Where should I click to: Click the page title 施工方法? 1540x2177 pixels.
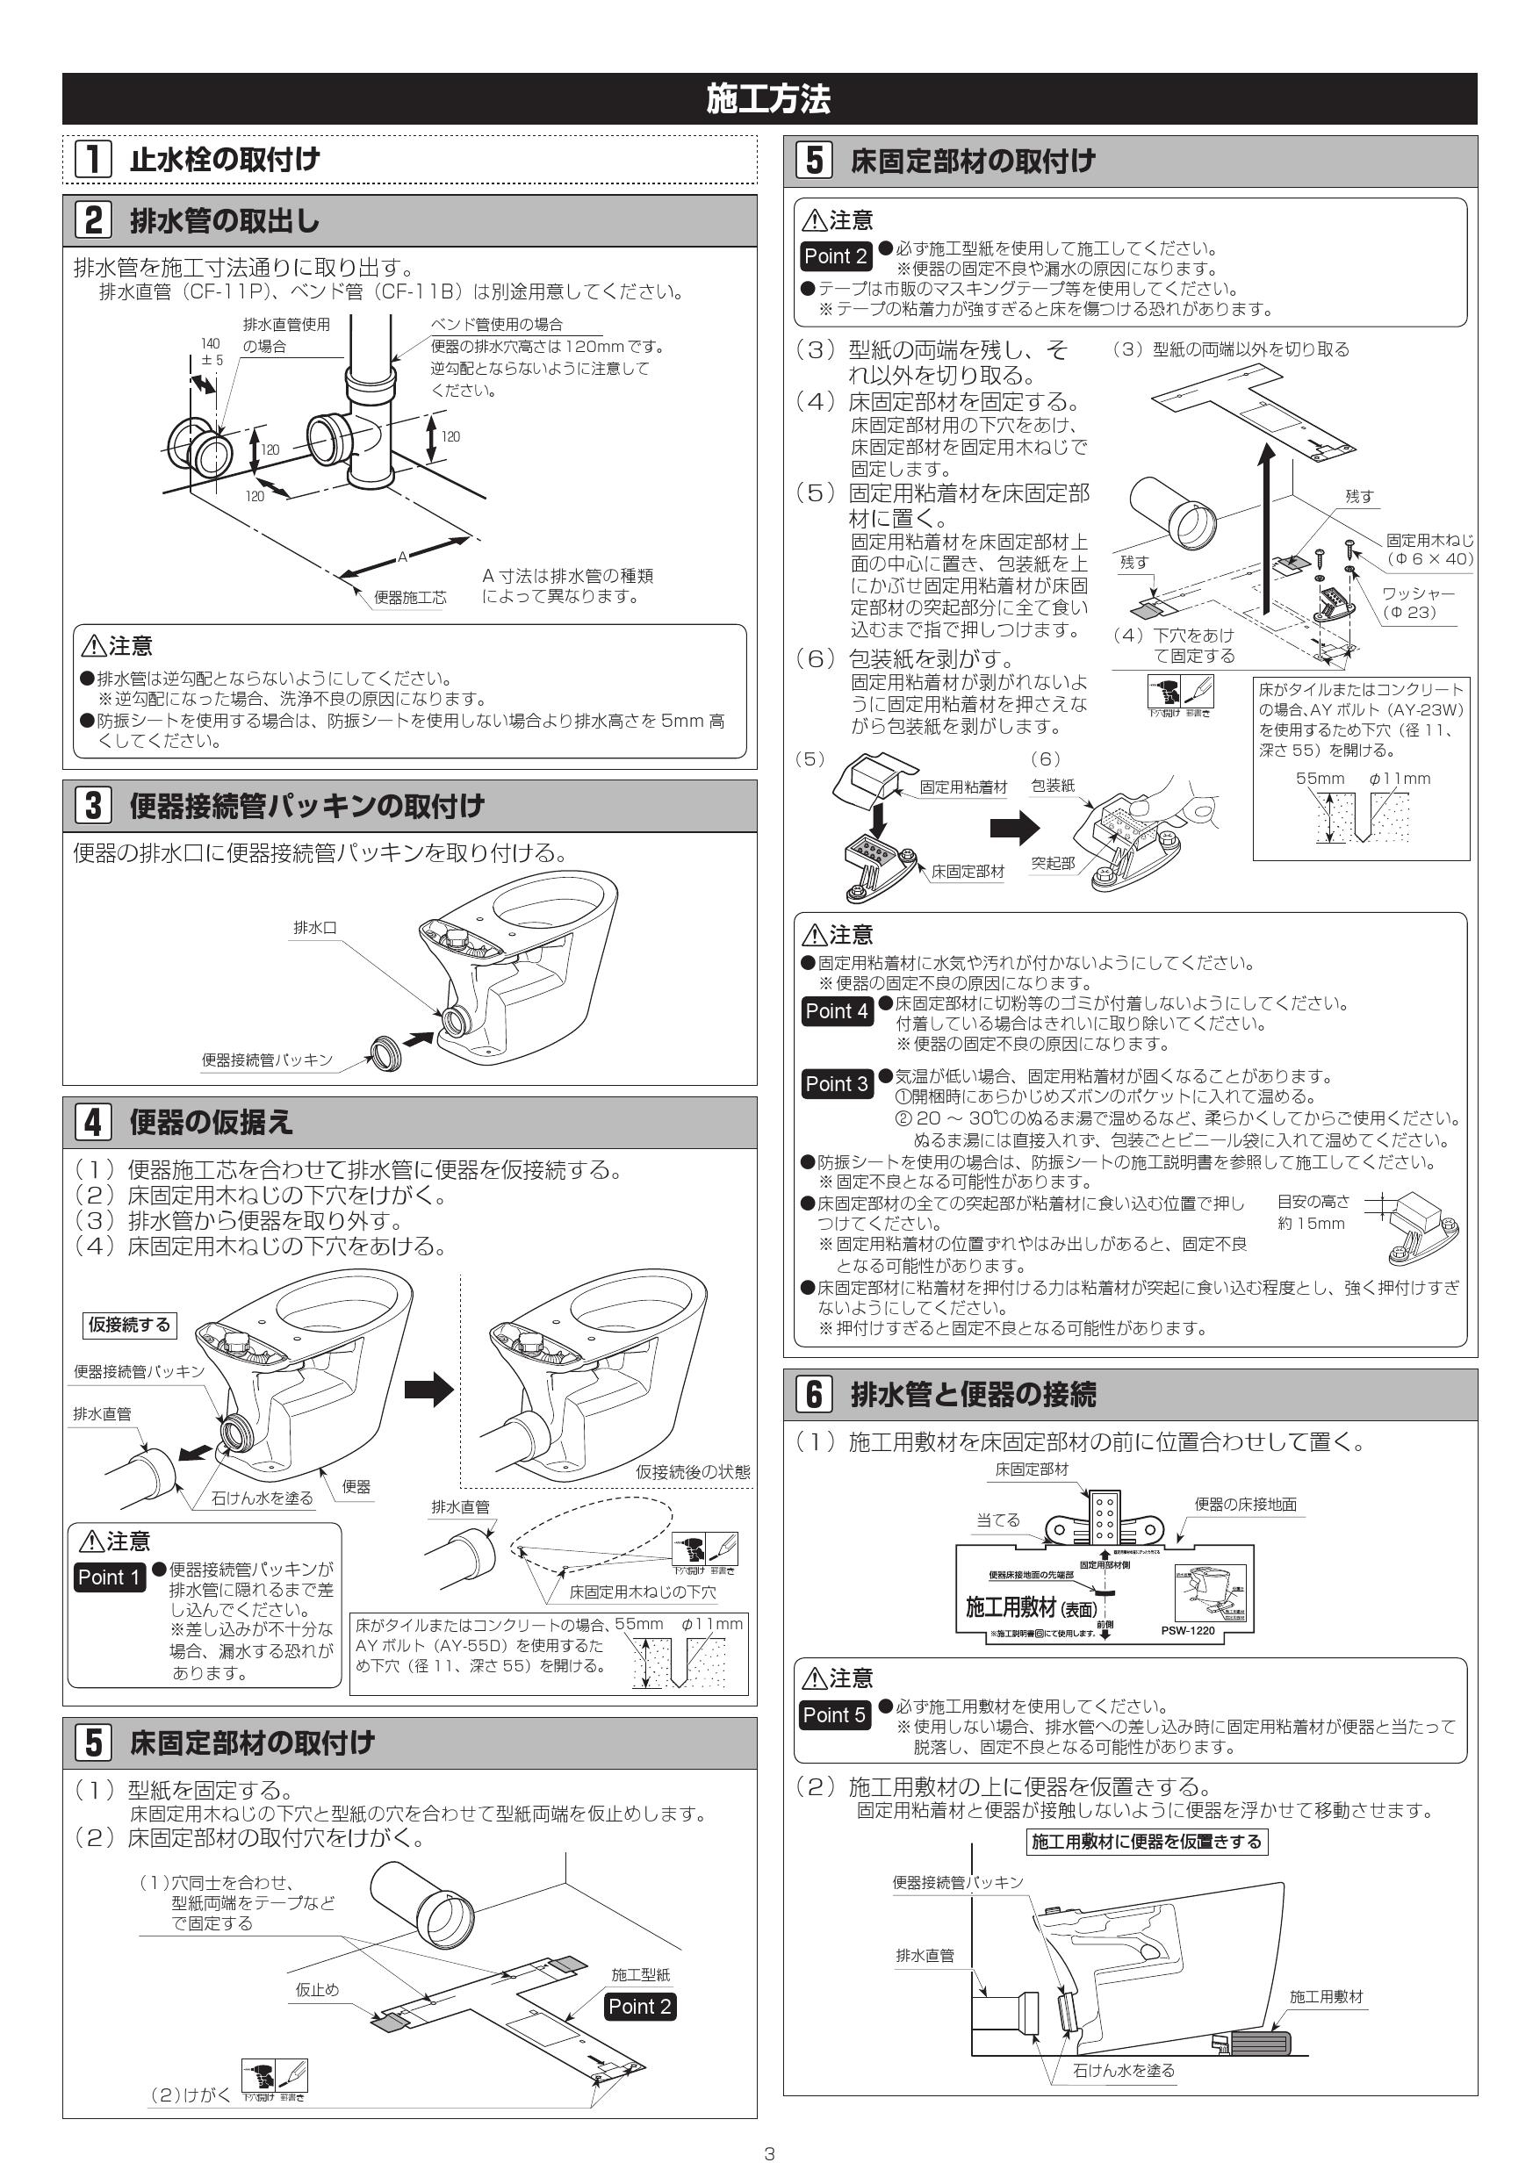pos(768,98)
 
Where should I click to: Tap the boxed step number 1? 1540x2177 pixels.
pos(93,158)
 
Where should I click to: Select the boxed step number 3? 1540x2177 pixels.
pos(93,805)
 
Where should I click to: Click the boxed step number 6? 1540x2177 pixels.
pos(814,1394)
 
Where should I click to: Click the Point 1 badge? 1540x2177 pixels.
pos(109,1577)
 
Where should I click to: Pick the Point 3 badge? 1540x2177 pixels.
pos(836,1084)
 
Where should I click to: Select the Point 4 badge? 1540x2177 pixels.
pos(836,1010)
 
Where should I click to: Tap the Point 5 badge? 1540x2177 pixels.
pos(833,1714)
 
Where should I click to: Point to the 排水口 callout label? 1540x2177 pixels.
pos(315,927)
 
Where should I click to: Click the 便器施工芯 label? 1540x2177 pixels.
pos(410,597)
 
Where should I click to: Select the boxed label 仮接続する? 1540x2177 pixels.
pos(129,1325)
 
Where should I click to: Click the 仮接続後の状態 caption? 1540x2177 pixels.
pos(692,1471)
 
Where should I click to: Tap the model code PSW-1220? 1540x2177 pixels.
pos(1187,1631)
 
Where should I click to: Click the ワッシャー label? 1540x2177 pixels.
pos(1418,593)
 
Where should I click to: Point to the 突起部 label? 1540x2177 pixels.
pos(1053,863)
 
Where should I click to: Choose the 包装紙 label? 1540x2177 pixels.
pos(1053,785)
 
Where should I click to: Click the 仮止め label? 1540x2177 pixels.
pos(317,1989)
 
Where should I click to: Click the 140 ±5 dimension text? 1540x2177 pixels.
pos(211,352)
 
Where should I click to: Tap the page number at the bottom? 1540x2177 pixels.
pos(769,2154)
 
